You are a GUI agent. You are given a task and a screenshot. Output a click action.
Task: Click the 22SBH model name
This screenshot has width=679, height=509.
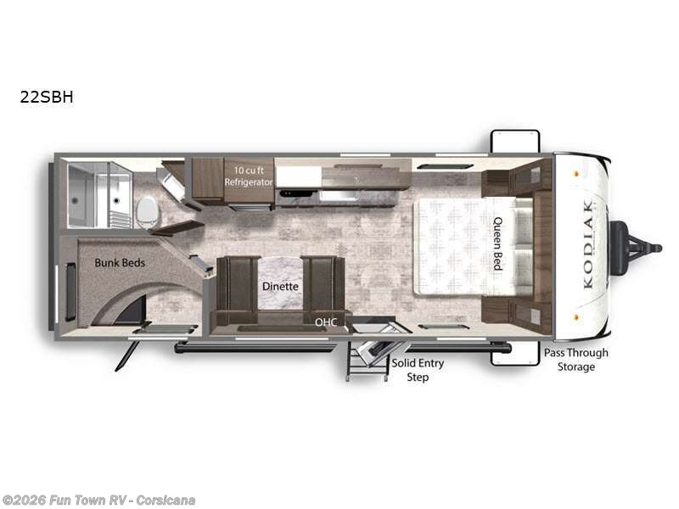click(x=47, y=97)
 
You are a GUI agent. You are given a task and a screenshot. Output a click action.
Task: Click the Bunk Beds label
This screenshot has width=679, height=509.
click(x=120, y=263)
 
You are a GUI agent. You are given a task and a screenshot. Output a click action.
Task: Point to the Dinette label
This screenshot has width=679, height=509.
click(x=280, y=287)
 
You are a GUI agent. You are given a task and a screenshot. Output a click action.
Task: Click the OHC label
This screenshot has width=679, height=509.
click(x=326, y=322)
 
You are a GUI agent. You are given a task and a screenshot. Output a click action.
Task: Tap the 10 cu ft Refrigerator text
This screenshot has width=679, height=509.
click(x=248, y=176)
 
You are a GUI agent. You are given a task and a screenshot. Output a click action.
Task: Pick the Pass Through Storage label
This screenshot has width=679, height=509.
click(x=576, y=360)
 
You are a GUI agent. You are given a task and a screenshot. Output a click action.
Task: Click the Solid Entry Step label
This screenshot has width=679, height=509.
click(x=417, y=370)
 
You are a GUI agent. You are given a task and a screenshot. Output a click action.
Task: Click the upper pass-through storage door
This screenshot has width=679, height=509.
click(x=514, y=140)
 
